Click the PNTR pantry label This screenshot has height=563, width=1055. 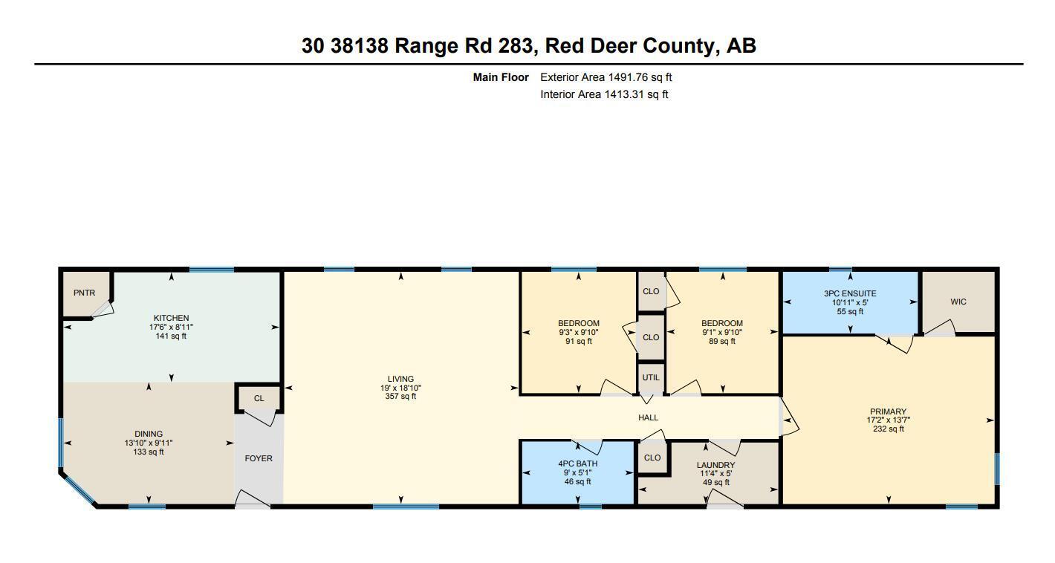click(85, 293)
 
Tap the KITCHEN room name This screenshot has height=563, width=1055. click(171, 318)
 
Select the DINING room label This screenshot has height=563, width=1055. click(149, 434)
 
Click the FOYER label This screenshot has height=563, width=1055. click(259, 458)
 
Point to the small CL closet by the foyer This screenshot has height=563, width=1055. click(259, 398)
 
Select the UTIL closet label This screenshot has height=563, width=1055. click(651, 378)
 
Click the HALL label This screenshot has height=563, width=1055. click(649, 417)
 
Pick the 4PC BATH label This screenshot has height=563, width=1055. click(578, 463)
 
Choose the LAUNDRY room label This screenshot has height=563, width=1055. click(716, 465)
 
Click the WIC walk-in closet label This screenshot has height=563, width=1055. click(958, 302)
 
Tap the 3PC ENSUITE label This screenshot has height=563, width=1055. click(850, 293)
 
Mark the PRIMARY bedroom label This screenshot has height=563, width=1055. click(888, 411)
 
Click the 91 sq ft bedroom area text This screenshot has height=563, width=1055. click(579, 342)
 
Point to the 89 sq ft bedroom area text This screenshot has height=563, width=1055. click(722, 342)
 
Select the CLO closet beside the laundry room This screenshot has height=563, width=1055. click(652, 458)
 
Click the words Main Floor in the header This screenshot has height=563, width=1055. click(501, 77)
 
